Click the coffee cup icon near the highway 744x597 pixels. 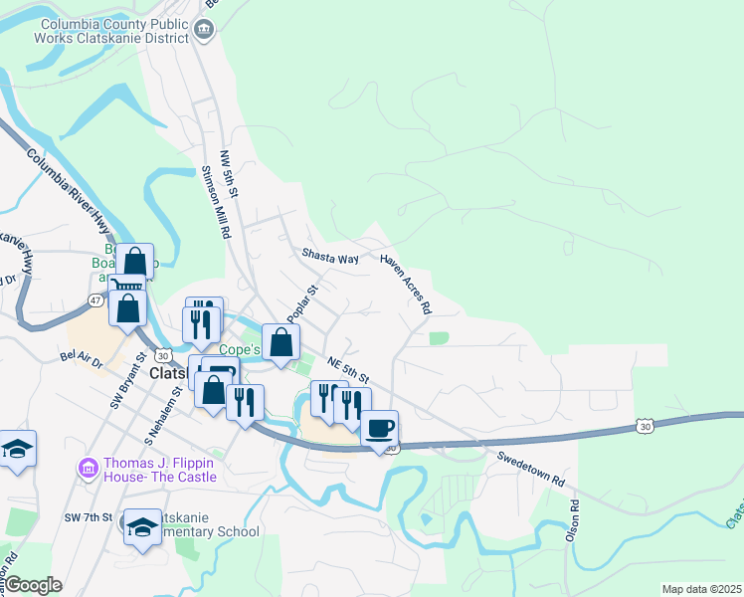(x=379, y=429)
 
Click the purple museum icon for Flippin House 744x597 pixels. (x=89, y=466)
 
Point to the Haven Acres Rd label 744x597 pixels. (x=406, y=284)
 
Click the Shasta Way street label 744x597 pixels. (x=329, y=257)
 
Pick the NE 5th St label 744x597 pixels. (x=349, y=372)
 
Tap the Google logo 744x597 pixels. (x=32, y=585)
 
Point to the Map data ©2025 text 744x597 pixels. (x=700, y=589)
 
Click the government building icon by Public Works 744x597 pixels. (x=203, y=30)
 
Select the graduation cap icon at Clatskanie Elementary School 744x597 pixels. (x=142, y=527)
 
